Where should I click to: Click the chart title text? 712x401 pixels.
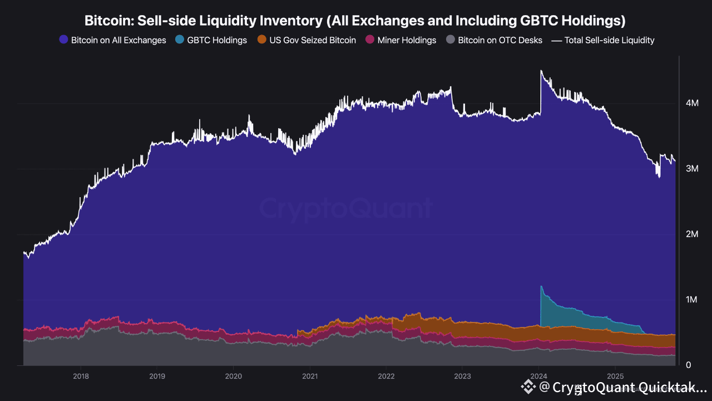(355, 21)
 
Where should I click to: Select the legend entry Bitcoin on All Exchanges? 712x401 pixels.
(112, 40)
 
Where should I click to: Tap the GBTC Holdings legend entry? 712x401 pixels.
(211, 40)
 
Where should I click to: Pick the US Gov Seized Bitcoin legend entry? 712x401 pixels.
(306, 40)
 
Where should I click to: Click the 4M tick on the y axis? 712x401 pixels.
(692, 103)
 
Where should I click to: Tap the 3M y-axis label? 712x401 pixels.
(692, 169)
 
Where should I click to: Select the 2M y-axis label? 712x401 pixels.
(692, 234)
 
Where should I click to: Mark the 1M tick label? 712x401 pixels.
(692, 300)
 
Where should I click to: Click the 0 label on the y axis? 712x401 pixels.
(689, 365)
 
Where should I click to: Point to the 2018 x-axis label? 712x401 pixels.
(81, 376)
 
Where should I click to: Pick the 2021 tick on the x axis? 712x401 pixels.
(310, 376)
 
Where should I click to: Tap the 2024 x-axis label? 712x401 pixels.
(539, 376)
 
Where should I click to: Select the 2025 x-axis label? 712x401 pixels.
(615, 376)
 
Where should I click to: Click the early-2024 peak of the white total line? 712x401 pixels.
(541, 71)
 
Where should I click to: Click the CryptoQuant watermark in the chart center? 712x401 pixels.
(345, 209)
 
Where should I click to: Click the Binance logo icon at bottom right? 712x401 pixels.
(527, 387)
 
